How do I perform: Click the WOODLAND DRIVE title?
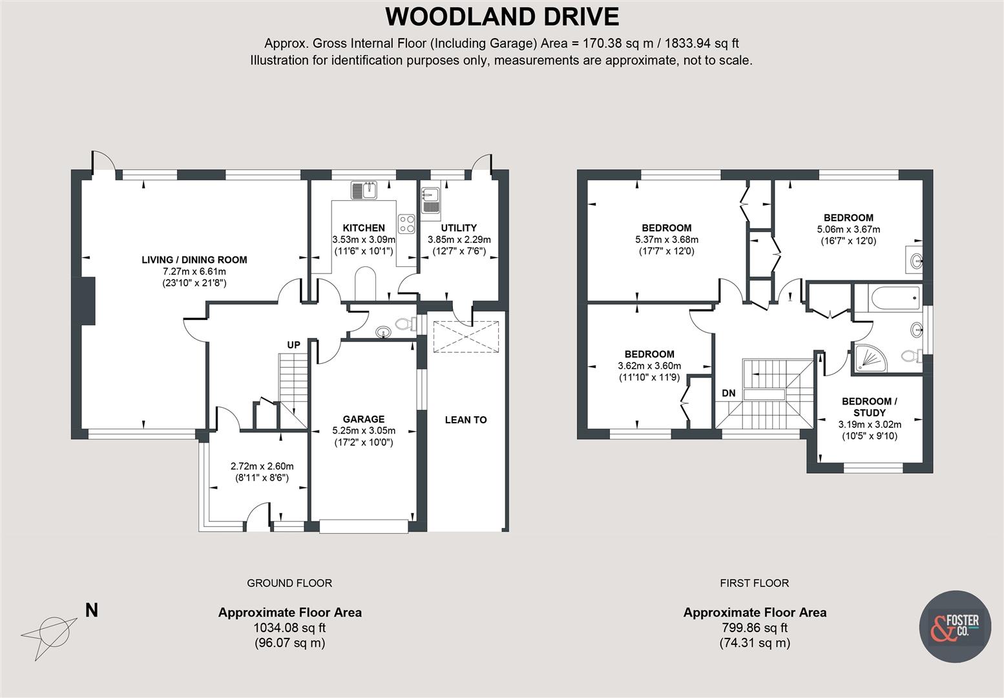point(501,17)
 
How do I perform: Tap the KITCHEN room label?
point(363,227)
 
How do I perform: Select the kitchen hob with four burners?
point(407,224)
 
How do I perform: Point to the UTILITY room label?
point(459,227)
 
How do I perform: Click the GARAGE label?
point(363,419)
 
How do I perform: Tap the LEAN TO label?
point(465,419)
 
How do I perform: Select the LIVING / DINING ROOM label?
point(194,260)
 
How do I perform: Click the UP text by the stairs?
point(293,344)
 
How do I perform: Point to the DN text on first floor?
point(728,393)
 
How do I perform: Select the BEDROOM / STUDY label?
point(869,407)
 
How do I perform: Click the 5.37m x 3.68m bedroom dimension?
point(666,239)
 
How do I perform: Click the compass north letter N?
point(92,609)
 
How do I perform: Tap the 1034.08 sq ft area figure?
point(289,628)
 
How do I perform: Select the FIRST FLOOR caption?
point(754,583)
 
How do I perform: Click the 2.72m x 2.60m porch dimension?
point(262,466)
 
